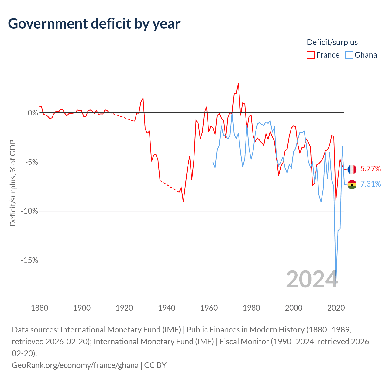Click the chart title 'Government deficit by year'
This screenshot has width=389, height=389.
[94, 24]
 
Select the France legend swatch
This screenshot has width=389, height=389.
[311, 55]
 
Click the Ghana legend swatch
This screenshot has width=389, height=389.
[349, 55]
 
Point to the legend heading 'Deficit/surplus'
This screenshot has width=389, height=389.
[332, 42]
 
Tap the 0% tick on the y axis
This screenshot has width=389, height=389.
[33, 113]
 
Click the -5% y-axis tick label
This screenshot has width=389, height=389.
[31, 162]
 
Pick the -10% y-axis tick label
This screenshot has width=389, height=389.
[29, 211]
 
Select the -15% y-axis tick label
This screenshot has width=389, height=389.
[29, 260]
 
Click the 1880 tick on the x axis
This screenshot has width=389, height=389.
[40, 308]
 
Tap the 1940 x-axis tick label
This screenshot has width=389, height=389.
[167, 308]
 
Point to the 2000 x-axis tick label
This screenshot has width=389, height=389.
[294, 308]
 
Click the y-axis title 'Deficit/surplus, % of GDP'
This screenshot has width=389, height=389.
[13, 183]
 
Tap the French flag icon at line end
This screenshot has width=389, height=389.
[352, 169]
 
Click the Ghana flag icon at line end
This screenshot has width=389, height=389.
[352, 184]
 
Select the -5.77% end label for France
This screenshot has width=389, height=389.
[369, 169]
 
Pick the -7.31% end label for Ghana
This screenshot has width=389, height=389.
[369, 184]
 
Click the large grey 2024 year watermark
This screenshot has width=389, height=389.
[312, 279]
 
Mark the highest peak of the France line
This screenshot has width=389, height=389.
[238, 83]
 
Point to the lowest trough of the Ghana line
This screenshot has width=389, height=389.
[336, 283]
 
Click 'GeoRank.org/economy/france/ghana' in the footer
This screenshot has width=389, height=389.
[75, 365]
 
